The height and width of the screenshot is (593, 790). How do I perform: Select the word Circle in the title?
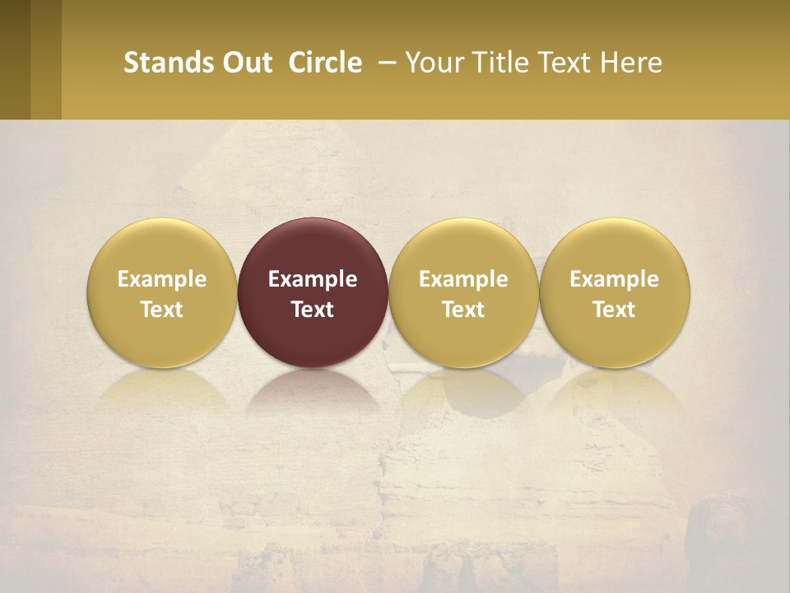tap(325, 63)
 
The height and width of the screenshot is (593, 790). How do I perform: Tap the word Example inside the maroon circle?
tap(313, 279)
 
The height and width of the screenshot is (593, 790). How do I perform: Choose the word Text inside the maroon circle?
tap(313, 310)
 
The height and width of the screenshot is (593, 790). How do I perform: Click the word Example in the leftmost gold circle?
tap(162, 279)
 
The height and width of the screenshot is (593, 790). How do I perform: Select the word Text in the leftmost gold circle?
tap(162, 310)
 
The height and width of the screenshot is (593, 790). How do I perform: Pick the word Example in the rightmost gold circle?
tap(614, 279)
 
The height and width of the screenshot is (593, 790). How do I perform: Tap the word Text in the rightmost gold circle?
tap(614, 310)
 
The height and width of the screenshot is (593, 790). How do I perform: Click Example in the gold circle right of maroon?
tap(463, 279)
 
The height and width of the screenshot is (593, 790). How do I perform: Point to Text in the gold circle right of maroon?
tap(463, 310)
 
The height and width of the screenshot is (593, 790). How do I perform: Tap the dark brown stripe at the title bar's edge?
tap(15, 59)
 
